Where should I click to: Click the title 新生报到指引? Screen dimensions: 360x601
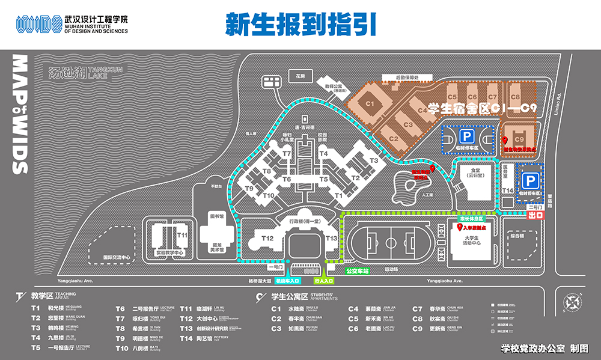click(300, 24)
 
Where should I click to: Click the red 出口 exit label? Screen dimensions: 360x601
click(535, 215)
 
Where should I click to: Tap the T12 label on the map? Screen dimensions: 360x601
click(267, 239)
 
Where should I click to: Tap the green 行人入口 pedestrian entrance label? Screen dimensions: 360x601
click(325, 281)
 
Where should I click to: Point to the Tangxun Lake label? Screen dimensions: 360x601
click(84, 73)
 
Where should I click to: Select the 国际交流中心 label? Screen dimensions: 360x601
click(117, 257)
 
